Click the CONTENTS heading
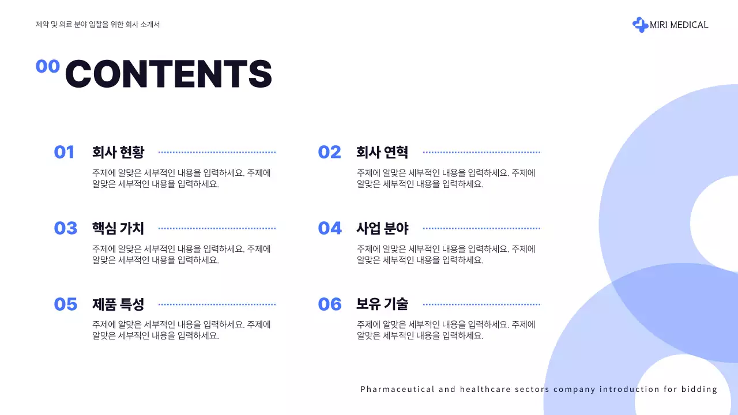(x=168, y=74)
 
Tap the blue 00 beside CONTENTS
(x=48, y=66)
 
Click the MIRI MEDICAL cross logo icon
(x=640, y=25)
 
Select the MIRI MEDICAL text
(x=679, y=25)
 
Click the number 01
(x=64, y=152)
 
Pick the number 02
(x=329, y=152)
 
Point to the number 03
(x=65, y=228)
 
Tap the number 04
(x=330, y=228)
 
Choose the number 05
(x=65, y=304)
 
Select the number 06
(x=330, y=304)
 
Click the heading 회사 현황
(x=118, y=152)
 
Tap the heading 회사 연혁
(x=382, y=152)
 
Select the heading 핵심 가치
(x=118, y=228)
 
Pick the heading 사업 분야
(x=382, y=228)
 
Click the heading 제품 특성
(x=118, y=304)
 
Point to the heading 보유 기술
(x=382, y=304)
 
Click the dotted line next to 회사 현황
(x=217, y=152)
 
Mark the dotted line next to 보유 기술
(x=481, y=304)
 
